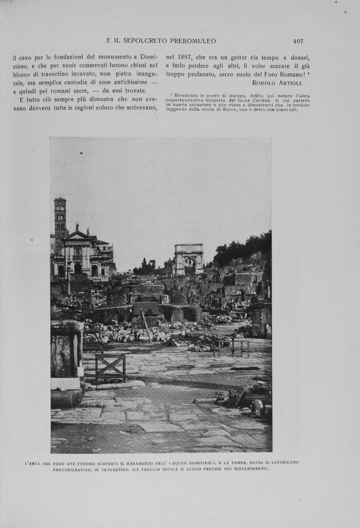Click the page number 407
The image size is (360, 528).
[x=298, y=41]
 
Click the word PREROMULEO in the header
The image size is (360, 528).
[x=192, y=41]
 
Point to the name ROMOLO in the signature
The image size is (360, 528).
[x=264, y=83]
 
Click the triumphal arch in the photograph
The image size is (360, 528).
[x=189, y=258]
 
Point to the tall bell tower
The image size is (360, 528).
[x=60, y=222]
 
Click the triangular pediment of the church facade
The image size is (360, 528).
[x=77, y=235]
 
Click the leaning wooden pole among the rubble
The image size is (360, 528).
[x=146, y=325]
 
